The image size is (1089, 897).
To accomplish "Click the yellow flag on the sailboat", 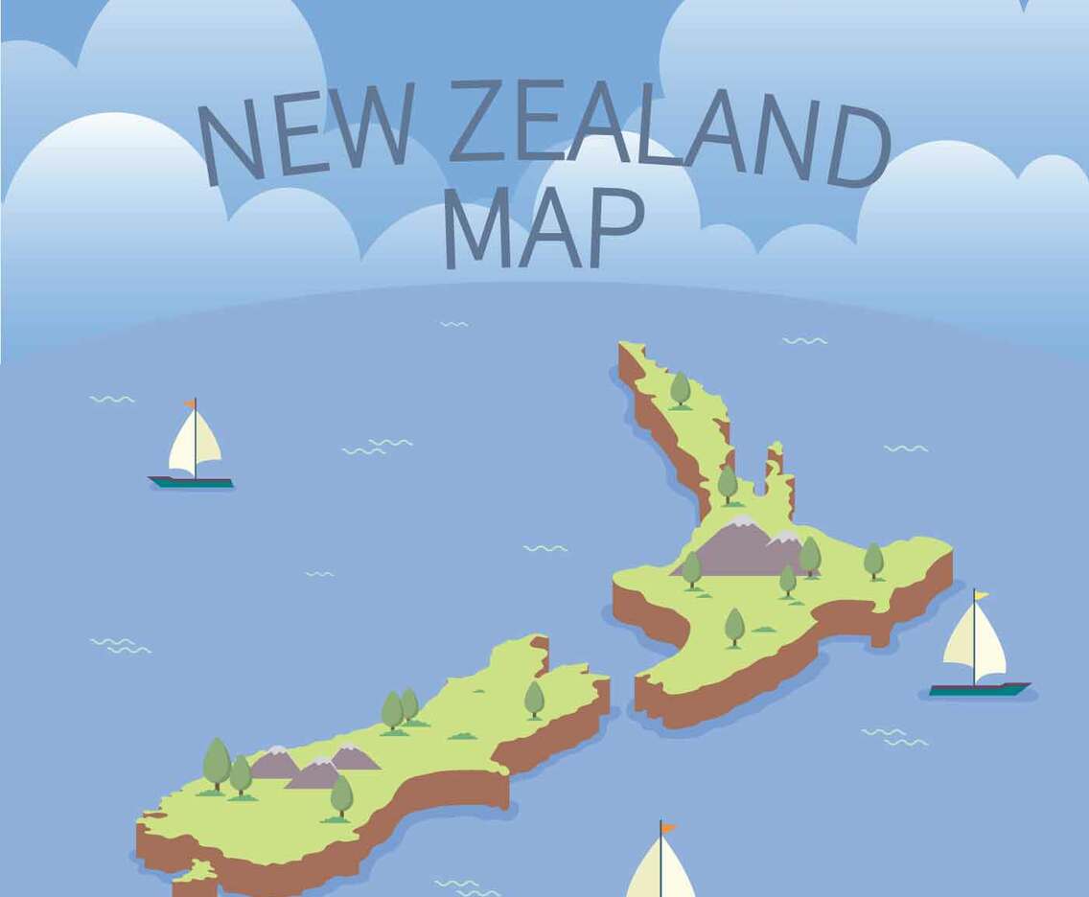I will pos(981,595).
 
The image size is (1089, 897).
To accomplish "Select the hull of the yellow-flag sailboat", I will pos(978,689).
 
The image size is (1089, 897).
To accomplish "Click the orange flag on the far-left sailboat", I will pos(190,403).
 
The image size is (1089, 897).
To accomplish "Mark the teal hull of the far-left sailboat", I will pos(191,482).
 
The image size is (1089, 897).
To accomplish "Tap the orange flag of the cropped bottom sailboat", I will pos(667,827).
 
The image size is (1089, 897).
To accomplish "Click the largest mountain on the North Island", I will pos(733,551).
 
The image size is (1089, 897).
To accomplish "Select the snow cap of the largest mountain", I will pos(742,522).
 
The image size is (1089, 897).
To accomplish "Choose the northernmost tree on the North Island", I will pos(680,388).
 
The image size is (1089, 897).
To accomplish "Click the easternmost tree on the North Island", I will pos(873,560).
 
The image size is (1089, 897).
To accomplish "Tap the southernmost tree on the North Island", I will pos(734,626).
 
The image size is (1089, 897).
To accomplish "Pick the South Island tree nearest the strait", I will pos(534,698).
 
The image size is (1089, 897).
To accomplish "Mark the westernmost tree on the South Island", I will pos(217,763).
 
